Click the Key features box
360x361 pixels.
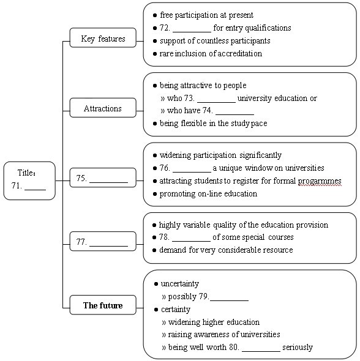pyautogui.click(x=103, y=38)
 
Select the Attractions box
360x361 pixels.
pyautogui.click(x=103, y=108)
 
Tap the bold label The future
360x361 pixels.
pyautogui.click(x=103, y=305)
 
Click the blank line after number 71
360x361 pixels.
pyautogui.click(x=36, y=190)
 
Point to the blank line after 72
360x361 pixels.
pyautogui.click(x=192, y=32)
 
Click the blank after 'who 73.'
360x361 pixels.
pyautogui.click(x=217, y=102)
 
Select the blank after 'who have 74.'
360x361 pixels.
pyautogui.click(x=234, y=114)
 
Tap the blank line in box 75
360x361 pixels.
pyautogui.click(x=108, y=182)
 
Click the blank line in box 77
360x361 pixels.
pyautogui.click(x=108, y=246)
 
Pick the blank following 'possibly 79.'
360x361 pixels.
pyautogui.click(x=230, y=300)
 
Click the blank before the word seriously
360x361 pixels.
pyautogui.click(x=261, y=351)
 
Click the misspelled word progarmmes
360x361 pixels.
pyautogui.click(x=320, y=181)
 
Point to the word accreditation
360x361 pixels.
pyautogui.click(x=240, y=53)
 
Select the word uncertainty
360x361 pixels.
pyautogui.click(x=180, y=284)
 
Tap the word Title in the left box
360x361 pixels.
pyautogui.click(x=25, y=173)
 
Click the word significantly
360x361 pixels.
pyautogui.click(x=260, y=155)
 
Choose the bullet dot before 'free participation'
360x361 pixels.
pyautogui.click(x=155, y=15)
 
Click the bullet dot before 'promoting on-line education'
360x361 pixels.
pyautogui.click(x=155, y=194)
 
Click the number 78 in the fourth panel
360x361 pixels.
pyautogui.click(x=163, y=237)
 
